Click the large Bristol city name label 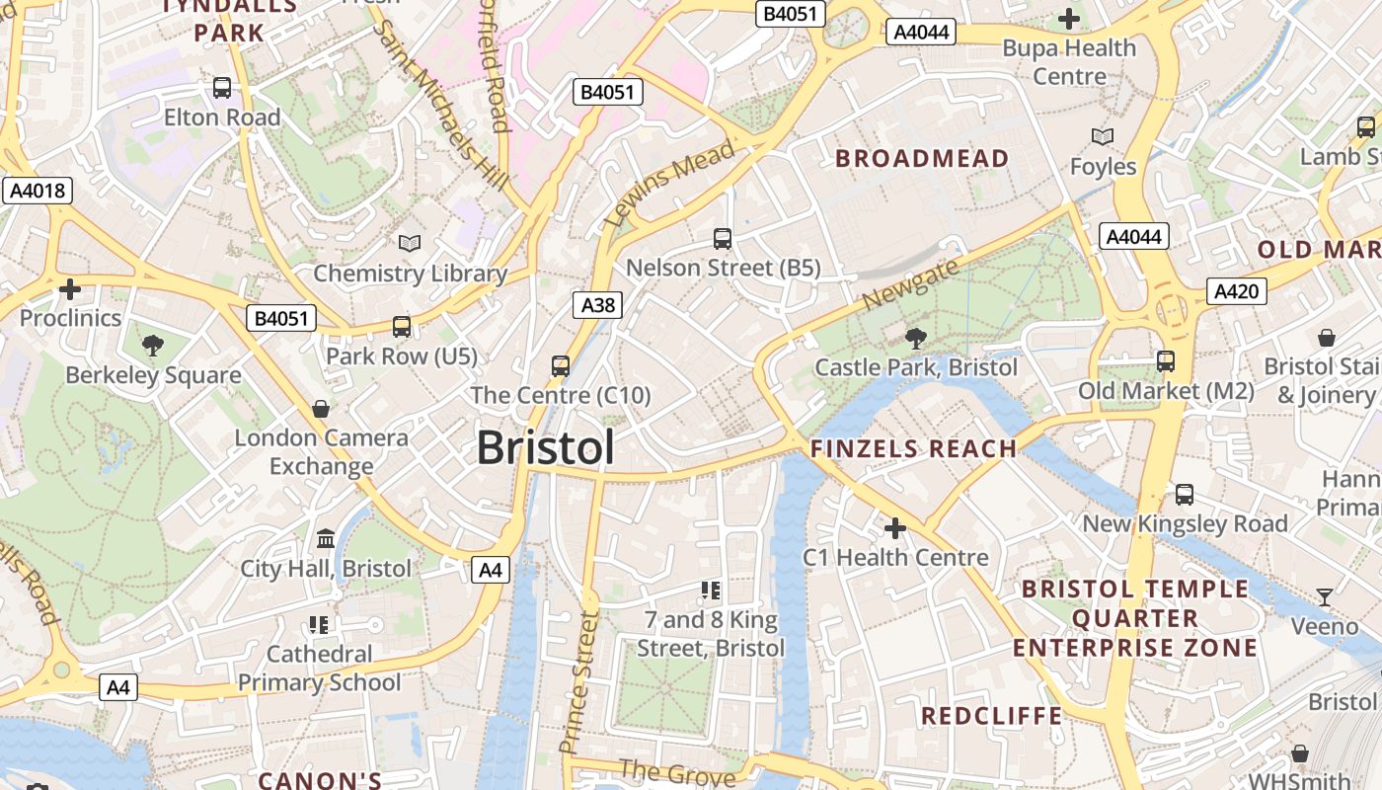(x=545, y=447)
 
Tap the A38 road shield (x=597, y=305)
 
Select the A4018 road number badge (x=38, y=191)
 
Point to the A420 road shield (x=1236, y=291)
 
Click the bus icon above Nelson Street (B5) (x=723, y=238)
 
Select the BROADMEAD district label (x=922, y=158)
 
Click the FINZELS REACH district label (x=913, y=448)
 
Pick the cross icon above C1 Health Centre (x=894, y=528)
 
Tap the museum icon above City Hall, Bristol (x=326, y=539)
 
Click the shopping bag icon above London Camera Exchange (x=321, y=409)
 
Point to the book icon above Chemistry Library (x=409, y=243)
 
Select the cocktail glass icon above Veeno (x=1324, y=596)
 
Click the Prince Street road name (x=578, y=682)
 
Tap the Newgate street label (x=909, y=284)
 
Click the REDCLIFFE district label (x=991, y=716)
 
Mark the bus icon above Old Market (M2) (x=1166, y=361)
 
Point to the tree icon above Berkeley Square (x=152, y=346)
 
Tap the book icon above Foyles (x=1103, y=136)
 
